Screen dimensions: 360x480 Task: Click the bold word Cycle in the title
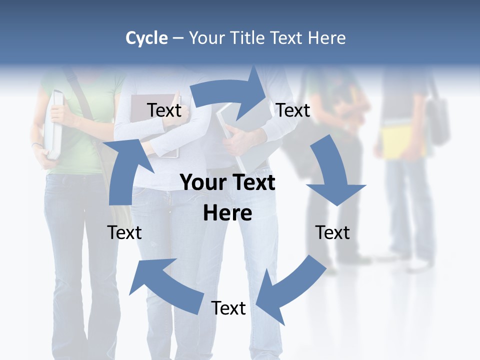pos(146,38)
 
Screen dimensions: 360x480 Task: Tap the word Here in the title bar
pos(326,38)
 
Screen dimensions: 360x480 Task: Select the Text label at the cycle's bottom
pos(228,308)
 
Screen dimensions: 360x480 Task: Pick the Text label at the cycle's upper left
pos(164,110)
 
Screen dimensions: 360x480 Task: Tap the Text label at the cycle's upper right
pos(293,110)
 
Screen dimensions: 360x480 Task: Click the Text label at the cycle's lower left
pos(124,232)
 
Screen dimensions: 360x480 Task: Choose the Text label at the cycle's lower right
pos(332,232)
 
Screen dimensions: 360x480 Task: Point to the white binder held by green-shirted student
pos(53,125)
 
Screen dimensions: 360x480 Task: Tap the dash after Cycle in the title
pos(178,38)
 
